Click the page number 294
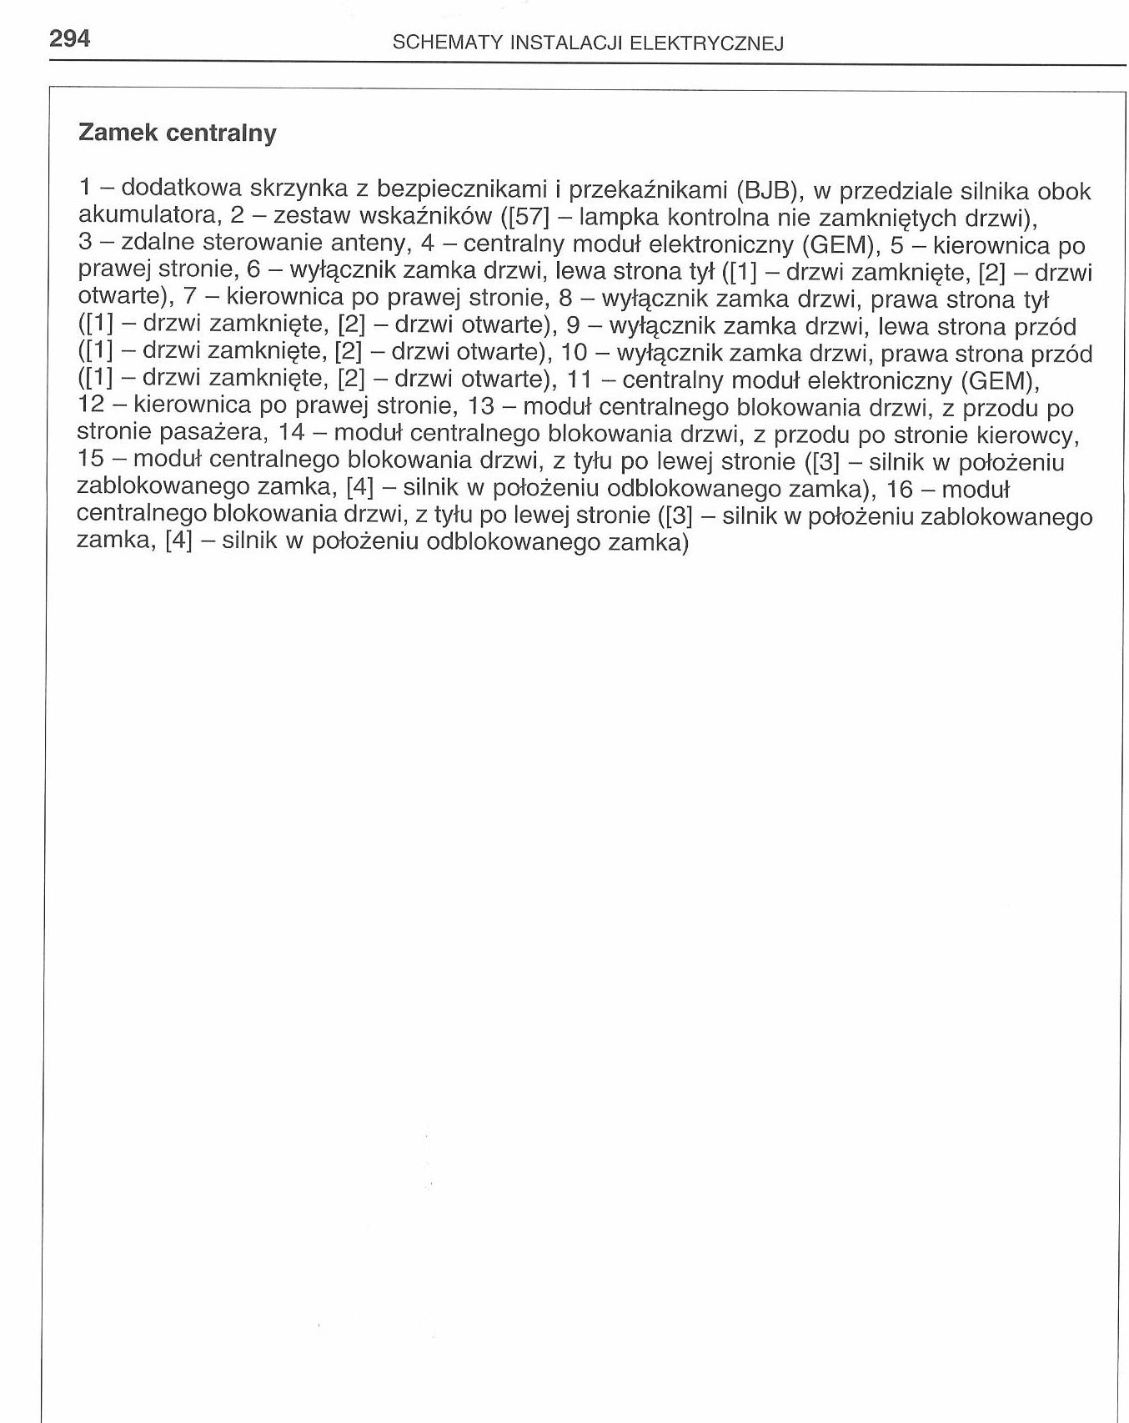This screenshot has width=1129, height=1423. click(69, 38)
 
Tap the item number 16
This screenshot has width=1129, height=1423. click(900, 489)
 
